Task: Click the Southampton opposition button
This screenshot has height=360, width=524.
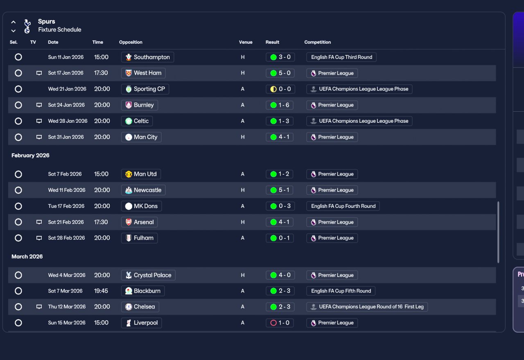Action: (x=147, y=57)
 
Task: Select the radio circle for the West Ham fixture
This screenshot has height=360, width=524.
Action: (x=18, y=73)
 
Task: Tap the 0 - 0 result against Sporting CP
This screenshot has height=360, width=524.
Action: (x=280, y=89)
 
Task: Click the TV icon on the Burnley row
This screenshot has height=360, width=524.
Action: (x=39, y=105)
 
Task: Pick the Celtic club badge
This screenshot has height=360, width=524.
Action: (x=129, y=121)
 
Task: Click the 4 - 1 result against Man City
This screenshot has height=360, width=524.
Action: (x=280, y=137)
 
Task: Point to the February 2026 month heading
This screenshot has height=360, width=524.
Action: (x=30, y=155)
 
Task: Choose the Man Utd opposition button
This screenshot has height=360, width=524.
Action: (x=141, y=174)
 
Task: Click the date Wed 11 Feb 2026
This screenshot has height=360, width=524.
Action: (x=67, y=190)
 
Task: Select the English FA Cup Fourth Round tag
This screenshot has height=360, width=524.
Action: (x=343, y=206)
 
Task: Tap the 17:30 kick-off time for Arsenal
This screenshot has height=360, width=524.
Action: (x=101, y=222)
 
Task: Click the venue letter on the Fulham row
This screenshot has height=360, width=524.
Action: (x=243, y=238)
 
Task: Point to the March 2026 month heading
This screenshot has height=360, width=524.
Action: (x=27, y=256)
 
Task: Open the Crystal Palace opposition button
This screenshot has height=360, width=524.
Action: (x=148, y=275)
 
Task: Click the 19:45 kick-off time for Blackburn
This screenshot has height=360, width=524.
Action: (x=101, y=291)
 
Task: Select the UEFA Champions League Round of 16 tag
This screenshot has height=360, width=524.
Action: (x=367, y=307)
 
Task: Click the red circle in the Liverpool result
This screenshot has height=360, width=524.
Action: (x=273, y=323)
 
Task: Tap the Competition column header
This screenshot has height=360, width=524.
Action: (x=317, y=42)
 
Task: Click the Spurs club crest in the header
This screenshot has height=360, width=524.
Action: (x=27, y=26)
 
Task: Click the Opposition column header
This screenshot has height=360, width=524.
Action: (x=131, y=42)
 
